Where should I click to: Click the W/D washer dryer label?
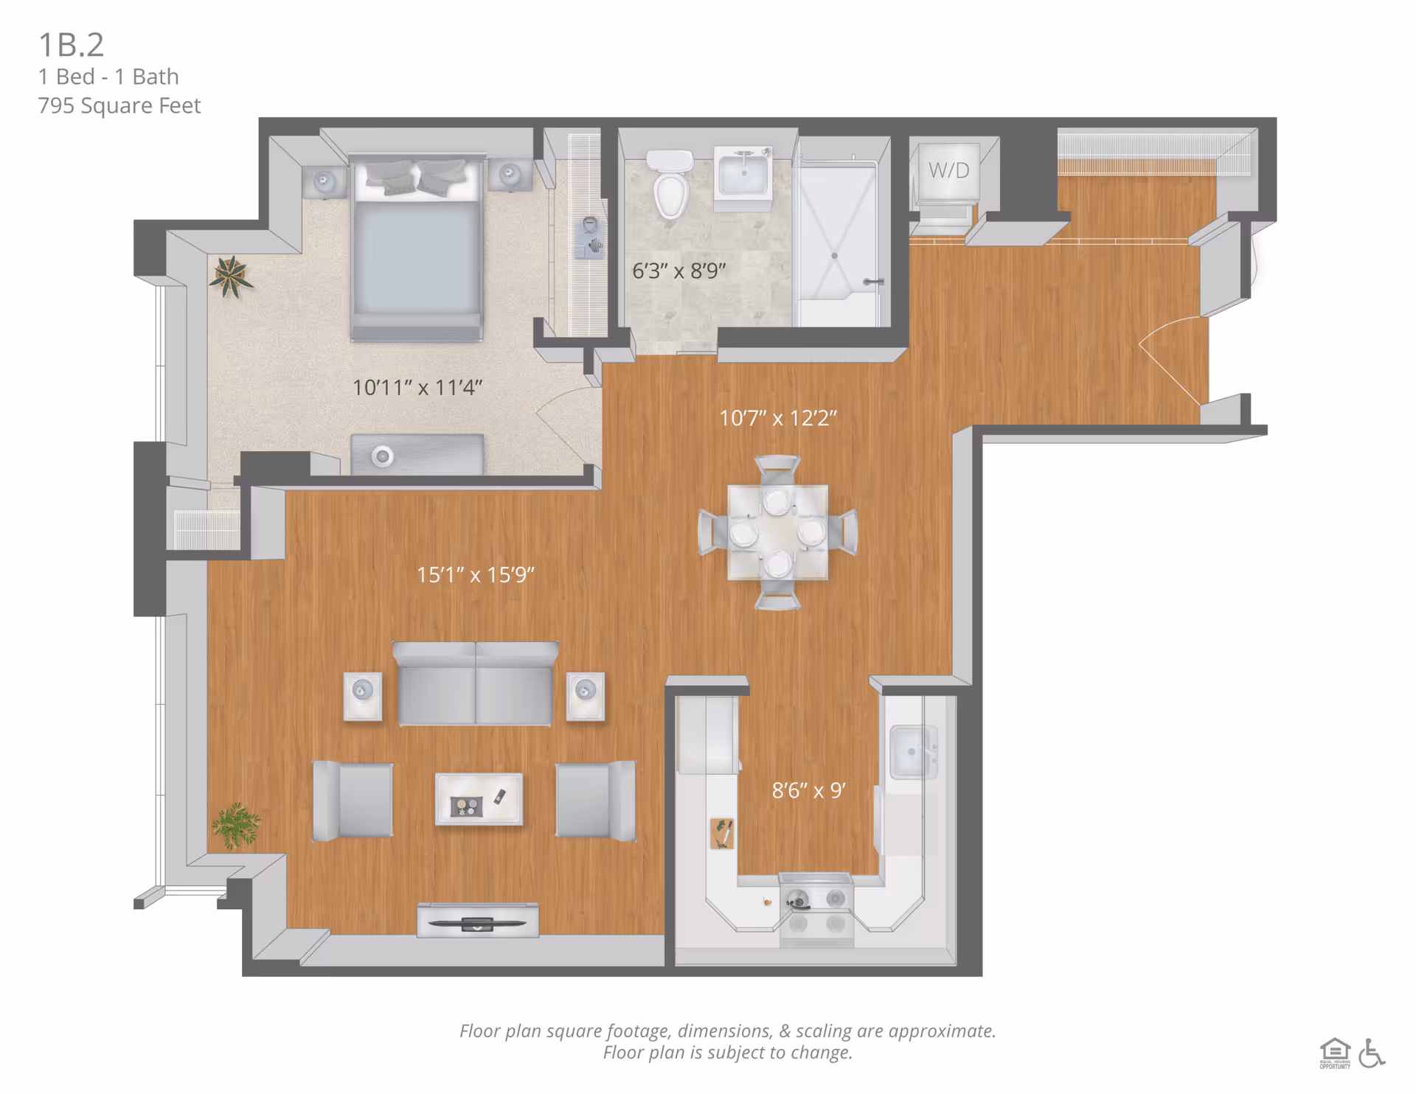click(948, 170)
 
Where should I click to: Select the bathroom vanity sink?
click(743, 174)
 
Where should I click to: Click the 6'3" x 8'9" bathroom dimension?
click(678, 271)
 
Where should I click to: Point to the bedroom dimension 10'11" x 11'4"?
click(417, 388)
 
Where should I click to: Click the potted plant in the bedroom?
click(231, 276)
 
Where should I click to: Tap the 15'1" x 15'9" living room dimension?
click(475, 575)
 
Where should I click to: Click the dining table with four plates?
click(777, 532)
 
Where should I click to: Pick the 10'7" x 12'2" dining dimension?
click(777, 419)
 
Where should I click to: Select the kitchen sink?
click(913, 752)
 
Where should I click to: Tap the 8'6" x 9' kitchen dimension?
click(808, 791)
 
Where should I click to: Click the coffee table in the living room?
click(479, 799)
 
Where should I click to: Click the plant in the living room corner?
click(236, 825)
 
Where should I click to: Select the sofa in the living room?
click(475, 684)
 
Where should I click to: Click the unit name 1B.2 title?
click(71, 45)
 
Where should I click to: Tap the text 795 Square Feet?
click(119, 106)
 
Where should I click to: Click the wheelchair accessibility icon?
click(1371, 1053)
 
